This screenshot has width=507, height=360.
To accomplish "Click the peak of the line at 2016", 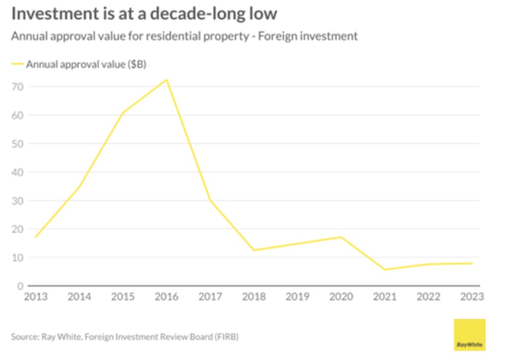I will (167, 80).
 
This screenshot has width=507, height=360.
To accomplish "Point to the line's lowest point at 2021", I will (385, 269).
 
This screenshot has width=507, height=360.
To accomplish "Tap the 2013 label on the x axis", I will (36, 297).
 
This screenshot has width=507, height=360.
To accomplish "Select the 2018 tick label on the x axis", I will (253, 297).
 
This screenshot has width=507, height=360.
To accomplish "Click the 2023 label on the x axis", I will (472, 297).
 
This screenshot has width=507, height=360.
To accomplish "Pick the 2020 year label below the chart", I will (341, 297).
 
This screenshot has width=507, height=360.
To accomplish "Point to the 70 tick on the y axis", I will (18, 87).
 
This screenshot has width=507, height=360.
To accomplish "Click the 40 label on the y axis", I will (18, 172).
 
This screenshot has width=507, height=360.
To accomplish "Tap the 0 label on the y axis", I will (21, 286).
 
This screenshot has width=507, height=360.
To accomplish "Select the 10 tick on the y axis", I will (18, 257).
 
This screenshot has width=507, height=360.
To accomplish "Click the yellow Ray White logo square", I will (470, 335).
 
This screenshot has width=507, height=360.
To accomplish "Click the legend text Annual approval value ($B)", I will (86, 64).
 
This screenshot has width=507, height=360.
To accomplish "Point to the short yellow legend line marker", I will (17, 64).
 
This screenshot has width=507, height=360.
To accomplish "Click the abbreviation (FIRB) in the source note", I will (226, 337).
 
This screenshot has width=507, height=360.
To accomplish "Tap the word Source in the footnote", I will (24, 337).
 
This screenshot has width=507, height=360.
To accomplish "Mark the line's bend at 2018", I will (254, 250).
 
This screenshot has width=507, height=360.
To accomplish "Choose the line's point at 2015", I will (123, 112).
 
